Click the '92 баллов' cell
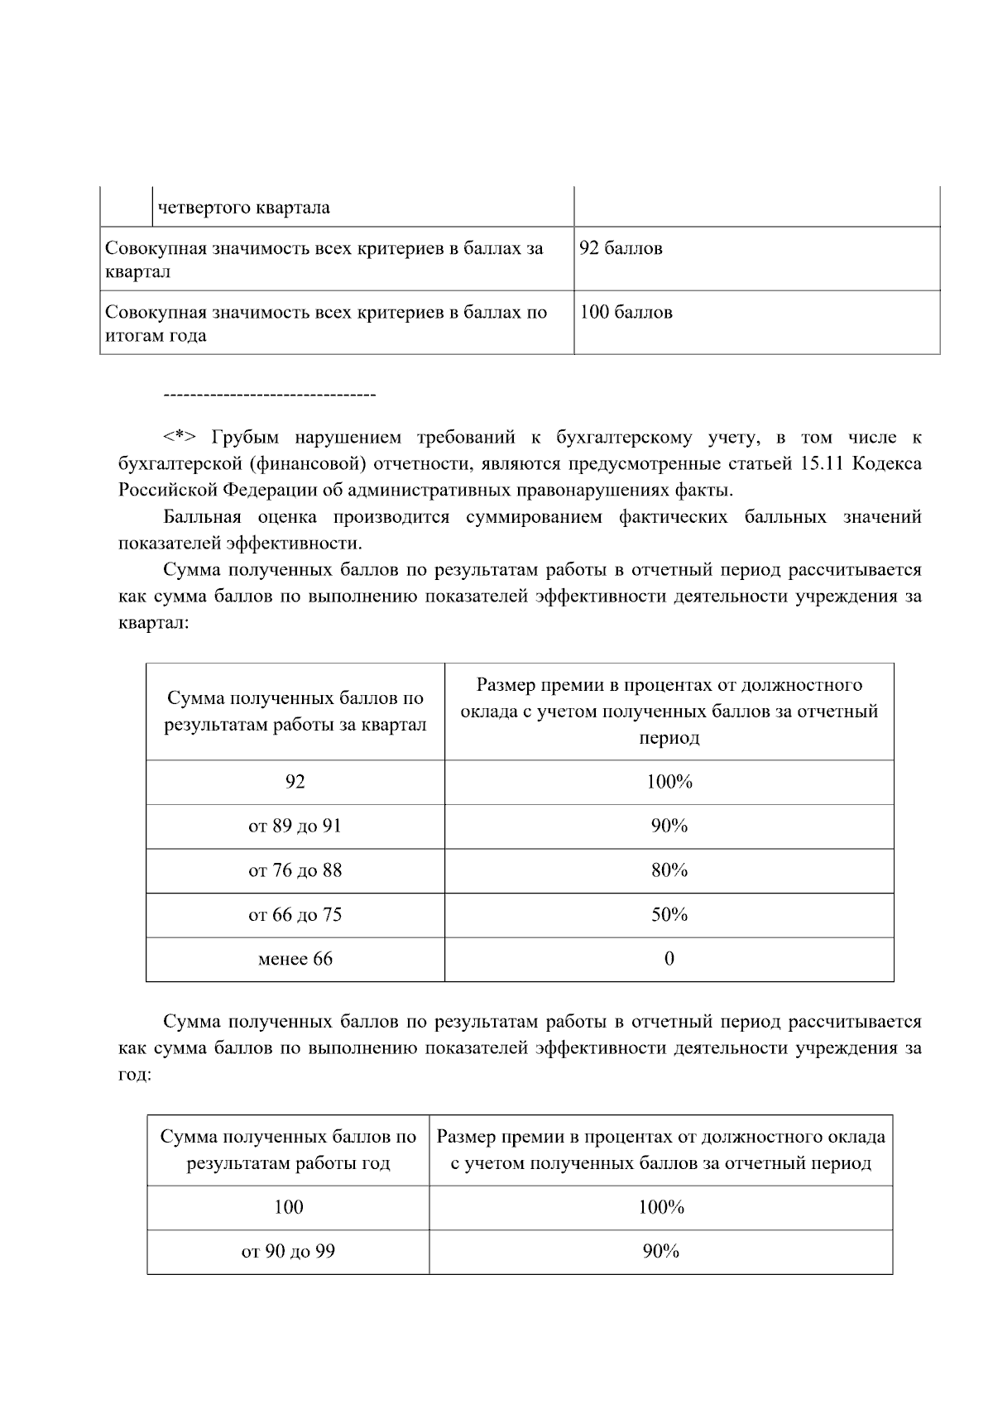621,249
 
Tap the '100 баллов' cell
626,313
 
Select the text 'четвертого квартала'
243,208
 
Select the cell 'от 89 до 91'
295,827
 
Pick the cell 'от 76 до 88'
295,870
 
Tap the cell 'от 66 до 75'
295,915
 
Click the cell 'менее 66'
295,959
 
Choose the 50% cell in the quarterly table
669,915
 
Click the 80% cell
669,870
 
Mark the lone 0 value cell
669,959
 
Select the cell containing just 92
295,782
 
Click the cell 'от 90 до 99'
288,1252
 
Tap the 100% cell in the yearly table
660,1208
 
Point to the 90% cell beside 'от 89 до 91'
669,827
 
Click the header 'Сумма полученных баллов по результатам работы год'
288,1150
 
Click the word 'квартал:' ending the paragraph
154,623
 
